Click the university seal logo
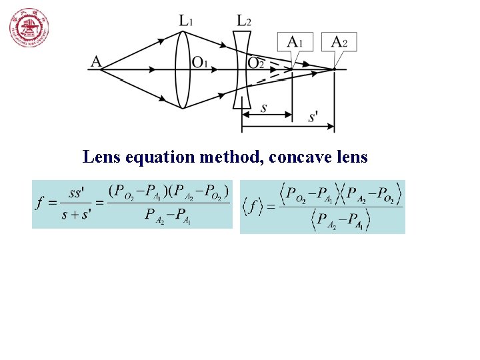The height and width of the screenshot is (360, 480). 29,29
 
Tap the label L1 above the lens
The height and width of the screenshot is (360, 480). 187,21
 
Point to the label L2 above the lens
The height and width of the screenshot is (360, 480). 244,21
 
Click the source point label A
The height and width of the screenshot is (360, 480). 96,62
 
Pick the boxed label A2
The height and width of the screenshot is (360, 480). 339,42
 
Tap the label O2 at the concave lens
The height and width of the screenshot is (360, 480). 257,63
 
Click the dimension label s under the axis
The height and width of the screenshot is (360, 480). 264,107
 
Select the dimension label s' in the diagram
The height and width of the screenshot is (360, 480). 313,118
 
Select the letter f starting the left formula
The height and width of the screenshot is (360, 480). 40,204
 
